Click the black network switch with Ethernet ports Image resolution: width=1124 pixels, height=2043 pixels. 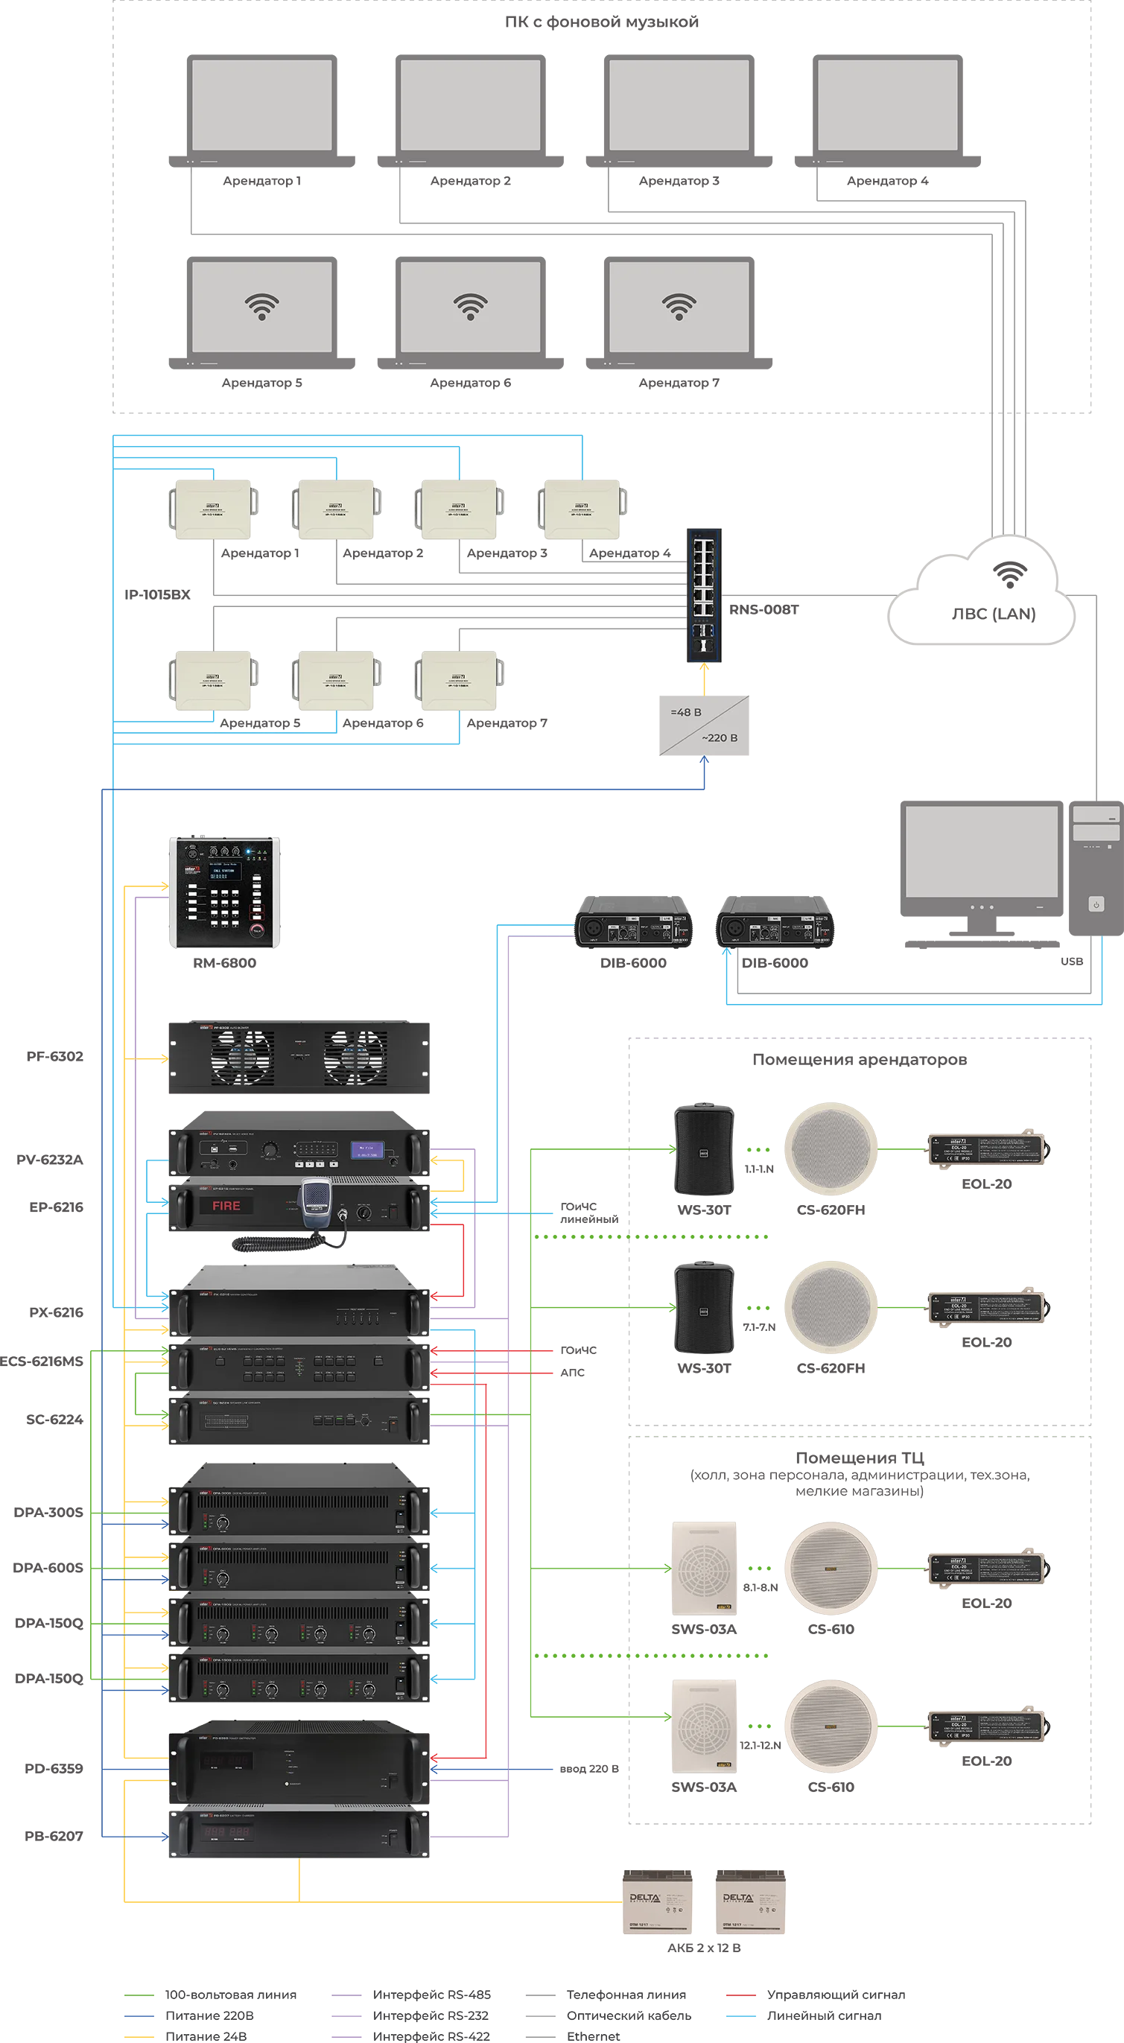[704, 595]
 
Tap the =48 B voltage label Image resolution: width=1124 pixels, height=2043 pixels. [685, 712]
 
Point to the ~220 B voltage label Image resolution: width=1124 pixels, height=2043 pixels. [719, 737]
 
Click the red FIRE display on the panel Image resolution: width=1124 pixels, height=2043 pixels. [226, 1206]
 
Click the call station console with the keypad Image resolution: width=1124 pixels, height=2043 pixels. [223, 892]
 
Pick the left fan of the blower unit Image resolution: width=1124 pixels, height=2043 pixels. [242, 1056]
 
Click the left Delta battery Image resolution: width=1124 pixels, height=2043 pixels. [658, 1900]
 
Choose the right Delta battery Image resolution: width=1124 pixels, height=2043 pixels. [750, 1900]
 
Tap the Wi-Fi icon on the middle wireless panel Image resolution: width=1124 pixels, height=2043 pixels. [471, 306]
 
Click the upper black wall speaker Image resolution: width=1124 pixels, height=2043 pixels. [703, 1148]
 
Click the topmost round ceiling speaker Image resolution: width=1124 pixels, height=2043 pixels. [830, 1148]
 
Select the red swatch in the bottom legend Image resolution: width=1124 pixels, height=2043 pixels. [741, 1992]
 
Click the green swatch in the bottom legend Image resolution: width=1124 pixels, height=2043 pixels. [139, 1992]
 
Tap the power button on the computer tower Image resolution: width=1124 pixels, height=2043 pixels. [1096, 904]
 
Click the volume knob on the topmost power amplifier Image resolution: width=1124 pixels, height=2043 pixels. [223, 1524]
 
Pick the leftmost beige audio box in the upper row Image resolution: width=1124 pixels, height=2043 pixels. [212, 509]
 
